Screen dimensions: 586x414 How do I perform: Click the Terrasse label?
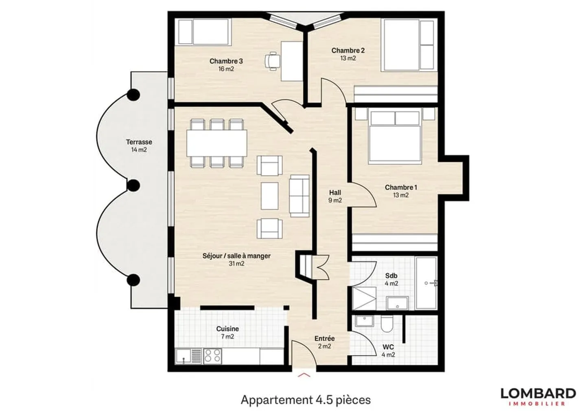[x=139, y=142]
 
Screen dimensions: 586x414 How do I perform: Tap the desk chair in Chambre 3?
[x=272, y=61]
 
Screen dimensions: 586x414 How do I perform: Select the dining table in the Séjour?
[x=217, y=143]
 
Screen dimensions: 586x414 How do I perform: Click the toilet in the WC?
[x=387, y=324]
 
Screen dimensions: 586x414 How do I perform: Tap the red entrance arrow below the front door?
[x=304, y=375]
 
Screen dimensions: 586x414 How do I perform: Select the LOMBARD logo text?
[x=538, y=393]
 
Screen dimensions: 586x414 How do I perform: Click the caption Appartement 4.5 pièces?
[x=306, y=400]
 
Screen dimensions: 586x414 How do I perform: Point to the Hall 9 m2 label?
[x=335, y=196]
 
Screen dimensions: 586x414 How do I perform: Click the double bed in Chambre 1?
[x=395, y=136]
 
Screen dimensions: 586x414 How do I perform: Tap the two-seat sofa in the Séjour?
[x=299, y=196]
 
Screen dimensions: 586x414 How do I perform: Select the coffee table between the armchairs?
[x=270, y=196]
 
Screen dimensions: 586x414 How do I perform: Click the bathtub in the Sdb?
[x=426, y=283]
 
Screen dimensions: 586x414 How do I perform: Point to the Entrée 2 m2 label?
[x=325, y=342]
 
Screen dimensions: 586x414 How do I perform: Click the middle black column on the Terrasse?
[x=133, y=185]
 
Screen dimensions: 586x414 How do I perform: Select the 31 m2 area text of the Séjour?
[x=236, y=264]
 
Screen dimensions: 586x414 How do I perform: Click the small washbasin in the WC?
[x=365, y=321]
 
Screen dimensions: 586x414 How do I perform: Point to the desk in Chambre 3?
[x=292, y=61]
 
